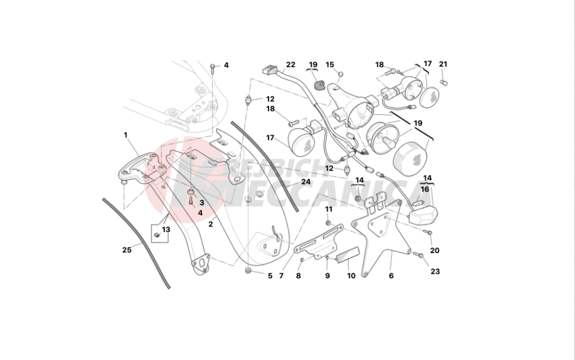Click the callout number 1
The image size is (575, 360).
click(x=125, y=135)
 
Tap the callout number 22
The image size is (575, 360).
click(x=290, y=64)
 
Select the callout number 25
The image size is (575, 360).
click(x=126, y=250)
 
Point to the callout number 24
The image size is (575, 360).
click(x=306, y=182)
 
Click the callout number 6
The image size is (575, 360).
click(x=391, y=275)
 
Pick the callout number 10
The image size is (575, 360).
click(x=351, y=275)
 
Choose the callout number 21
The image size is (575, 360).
click(x=443, y=64)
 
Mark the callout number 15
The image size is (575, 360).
click(x=329, y=64)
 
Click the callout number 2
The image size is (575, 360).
click(x=210, y=224)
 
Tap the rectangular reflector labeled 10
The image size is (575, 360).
click(x=348, y=255)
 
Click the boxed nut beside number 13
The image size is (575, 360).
click(x=156, y=235)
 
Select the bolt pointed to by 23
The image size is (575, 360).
click(x=417, y=254)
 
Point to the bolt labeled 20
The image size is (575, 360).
click(x=428, y=232)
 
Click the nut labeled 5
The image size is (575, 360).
click(x=248, y=271)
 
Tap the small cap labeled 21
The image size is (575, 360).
click(x=444, y=82)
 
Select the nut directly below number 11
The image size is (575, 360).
click(x=328, y=223)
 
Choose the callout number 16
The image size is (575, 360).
click(x=424, y=190)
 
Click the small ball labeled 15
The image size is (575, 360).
click(x=340, y=74)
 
